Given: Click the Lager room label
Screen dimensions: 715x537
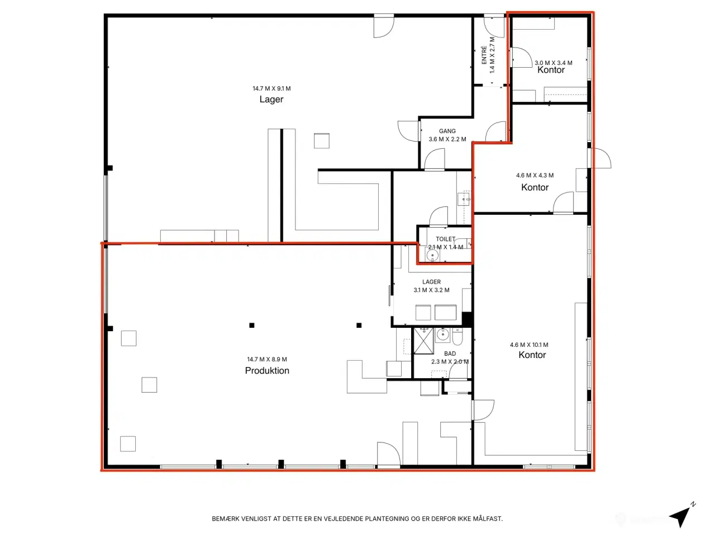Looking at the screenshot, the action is click(271, 99).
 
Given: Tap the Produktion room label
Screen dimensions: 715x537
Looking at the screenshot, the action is click(267, 370).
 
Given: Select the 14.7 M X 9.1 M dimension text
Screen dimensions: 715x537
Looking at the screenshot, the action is click(271, 88).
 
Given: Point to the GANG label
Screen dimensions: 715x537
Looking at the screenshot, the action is click(447, 131).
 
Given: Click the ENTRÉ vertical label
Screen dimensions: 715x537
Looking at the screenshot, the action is click(484, 55).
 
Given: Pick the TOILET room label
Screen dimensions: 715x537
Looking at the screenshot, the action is click(445, 239).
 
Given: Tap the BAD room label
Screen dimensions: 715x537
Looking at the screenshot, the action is click(450, 354).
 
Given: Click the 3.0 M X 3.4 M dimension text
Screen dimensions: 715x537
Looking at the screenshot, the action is click(554, 63).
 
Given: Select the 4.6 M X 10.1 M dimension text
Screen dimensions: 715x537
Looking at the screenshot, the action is click(529, 345).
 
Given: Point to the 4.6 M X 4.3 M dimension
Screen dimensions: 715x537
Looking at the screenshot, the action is click(535, 175).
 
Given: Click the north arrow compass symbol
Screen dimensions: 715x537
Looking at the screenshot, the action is click(682, 515).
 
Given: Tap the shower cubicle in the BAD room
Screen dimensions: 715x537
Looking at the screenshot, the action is click(423, 341).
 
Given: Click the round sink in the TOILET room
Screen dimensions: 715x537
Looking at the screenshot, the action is click(432, 255).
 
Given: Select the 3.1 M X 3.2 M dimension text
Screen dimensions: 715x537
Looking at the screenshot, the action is click(431, 290).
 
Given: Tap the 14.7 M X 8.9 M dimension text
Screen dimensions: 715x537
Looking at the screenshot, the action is click(267, 359).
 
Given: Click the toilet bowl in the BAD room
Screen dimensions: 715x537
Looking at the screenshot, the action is click(457, 337).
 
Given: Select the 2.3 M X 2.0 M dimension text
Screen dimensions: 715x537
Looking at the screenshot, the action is click(450, 361).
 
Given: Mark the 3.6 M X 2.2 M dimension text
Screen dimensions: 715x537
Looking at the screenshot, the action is click(447, 139).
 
